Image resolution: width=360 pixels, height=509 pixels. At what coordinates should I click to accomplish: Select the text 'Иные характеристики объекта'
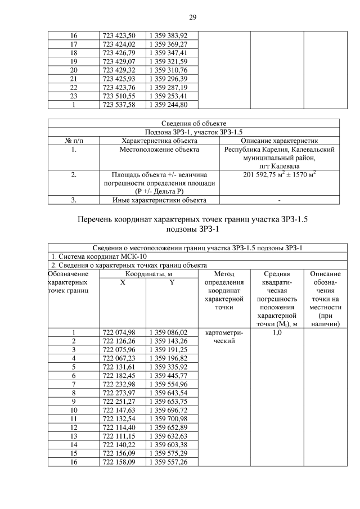(x=158, y=200)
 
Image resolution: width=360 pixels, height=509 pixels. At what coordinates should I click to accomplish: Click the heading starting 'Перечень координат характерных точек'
(x=193, y=219)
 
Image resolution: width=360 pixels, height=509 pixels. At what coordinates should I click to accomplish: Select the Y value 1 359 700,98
(x=168, y=418)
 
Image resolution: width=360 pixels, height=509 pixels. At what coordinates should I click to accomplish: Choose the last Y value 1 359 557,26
(x=168, y=462)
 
